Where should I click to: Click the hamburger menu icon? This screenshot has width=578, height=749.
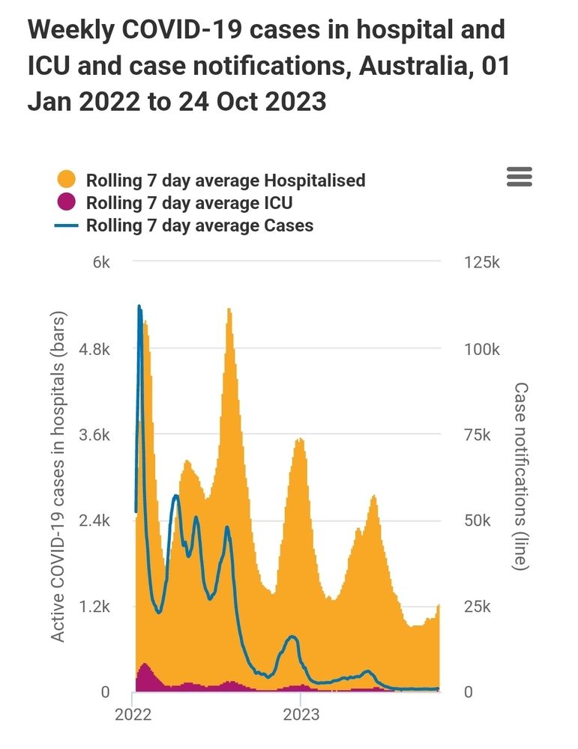(x=520, y=177)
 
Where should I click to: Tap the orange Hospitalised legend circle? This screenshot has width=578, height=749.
(x=67, y=180)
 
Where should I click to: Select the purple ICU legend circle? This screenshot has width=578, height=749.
(x=67, y=202)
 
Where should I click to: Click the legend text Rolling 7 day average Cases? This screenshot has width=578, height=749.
(x=199, y=225)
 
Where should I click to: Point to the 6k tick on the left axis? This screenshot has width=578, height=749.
(x=101, y=264)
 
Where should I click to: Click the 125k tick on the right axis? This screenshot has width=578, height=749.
(x=481, y=264)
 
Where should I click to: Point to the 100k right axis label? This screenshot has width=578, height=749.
(x=481, y=350)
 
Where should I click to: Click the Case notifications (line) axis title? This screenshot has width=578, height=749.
(x=520, y=476)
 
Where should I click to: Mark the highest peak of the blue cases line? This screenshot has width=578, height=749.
(x=139, y=306)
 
